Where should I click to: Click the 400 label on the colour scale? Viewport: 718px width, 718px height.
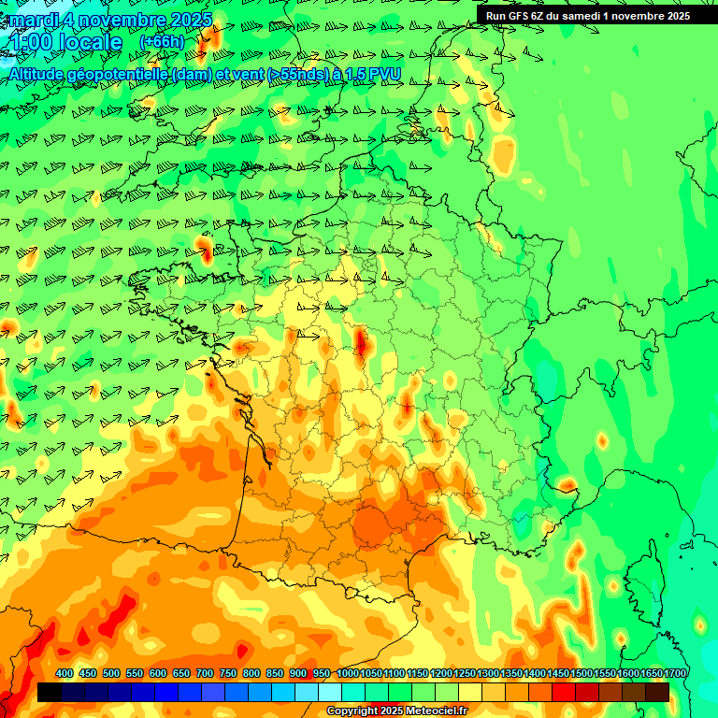coord(65,673)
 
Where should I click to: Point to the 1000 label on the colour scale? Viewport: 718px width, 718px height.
coord(347,673)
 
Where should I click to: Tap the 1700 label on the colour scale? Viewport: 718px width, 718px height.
coord(675,673)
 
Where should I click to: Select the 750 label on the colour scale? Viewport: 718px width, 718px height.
coord(228,673)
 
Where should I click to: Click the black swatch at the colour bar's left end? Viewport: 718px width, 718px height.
coord(50,692)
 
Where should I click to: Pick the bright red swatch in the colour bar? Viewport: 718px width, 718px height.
coord(564,692)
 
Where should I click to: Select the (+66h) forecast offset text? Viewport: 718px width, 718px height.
coord(161,41)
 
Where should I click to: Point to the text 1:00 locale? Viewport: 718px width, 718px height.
coord(65,42)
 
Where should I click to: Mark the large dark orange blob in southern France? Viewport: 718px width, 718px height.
coord(379,525)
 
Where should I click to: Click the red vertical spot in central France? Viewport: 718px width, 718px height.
coord(362,343)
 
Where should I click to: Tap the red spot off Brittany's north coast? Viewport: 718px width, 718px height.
coord(204,249)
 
